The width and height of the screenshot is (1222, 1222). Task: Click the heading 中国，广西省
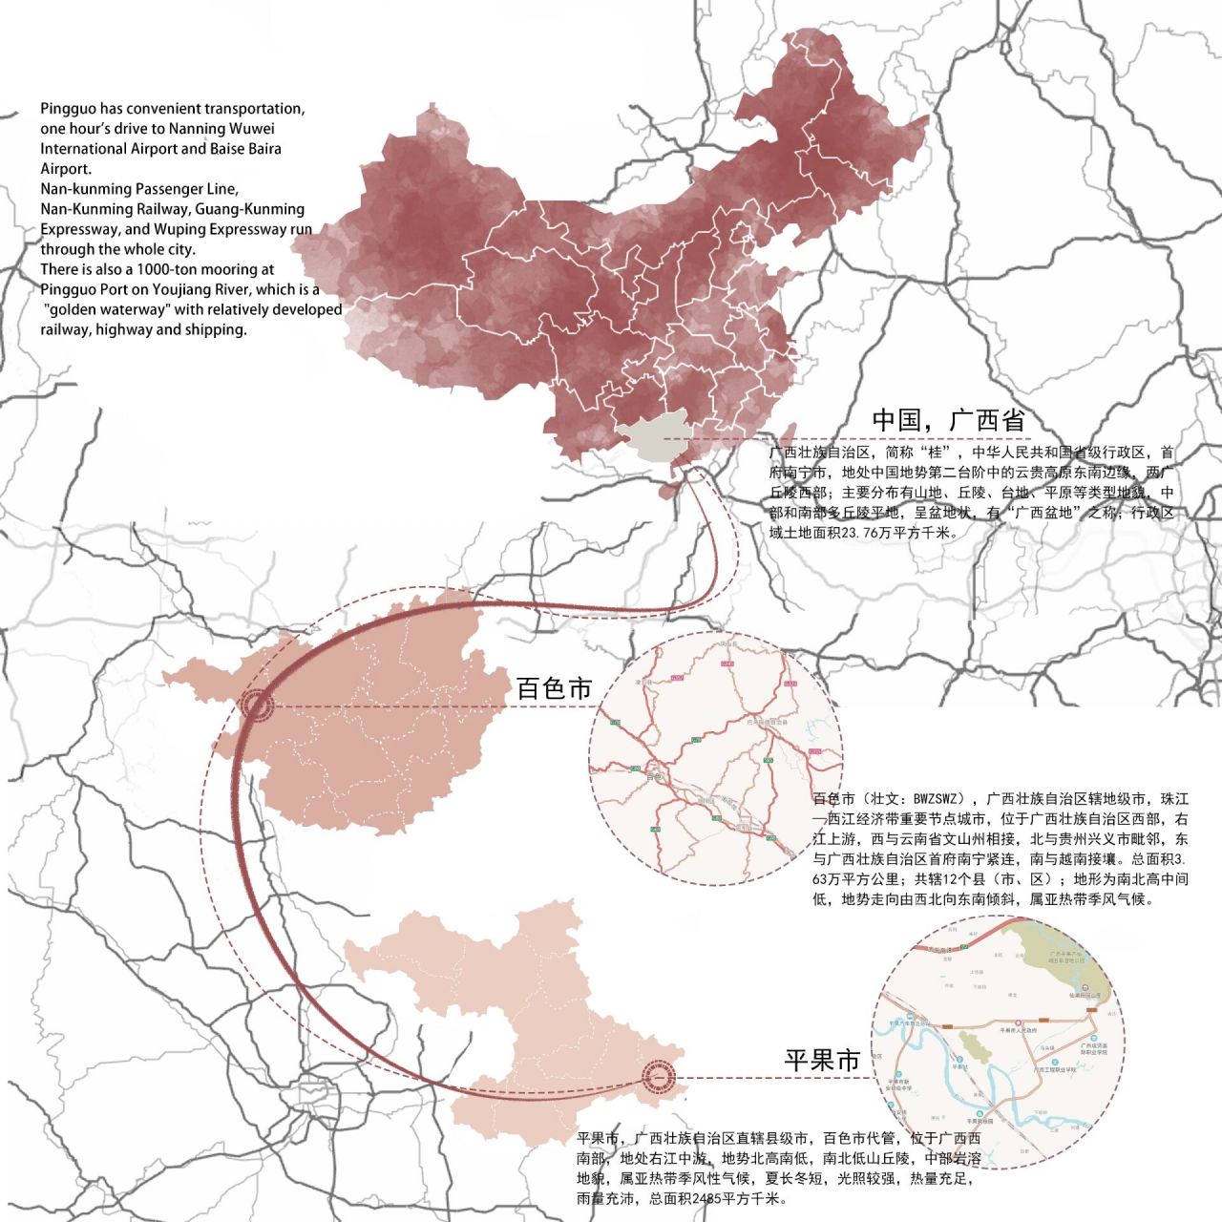point(947,421)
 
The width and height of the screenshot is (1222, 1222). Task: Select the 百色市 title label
point(554,688)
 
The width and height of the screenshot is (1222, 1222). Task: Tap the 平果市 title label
point(822,1060)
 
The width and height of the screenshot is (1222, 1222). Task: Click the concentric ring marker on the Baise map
point(255,707)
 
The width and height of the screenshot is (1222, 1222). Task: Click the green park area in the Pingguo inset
point(1060,955)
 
